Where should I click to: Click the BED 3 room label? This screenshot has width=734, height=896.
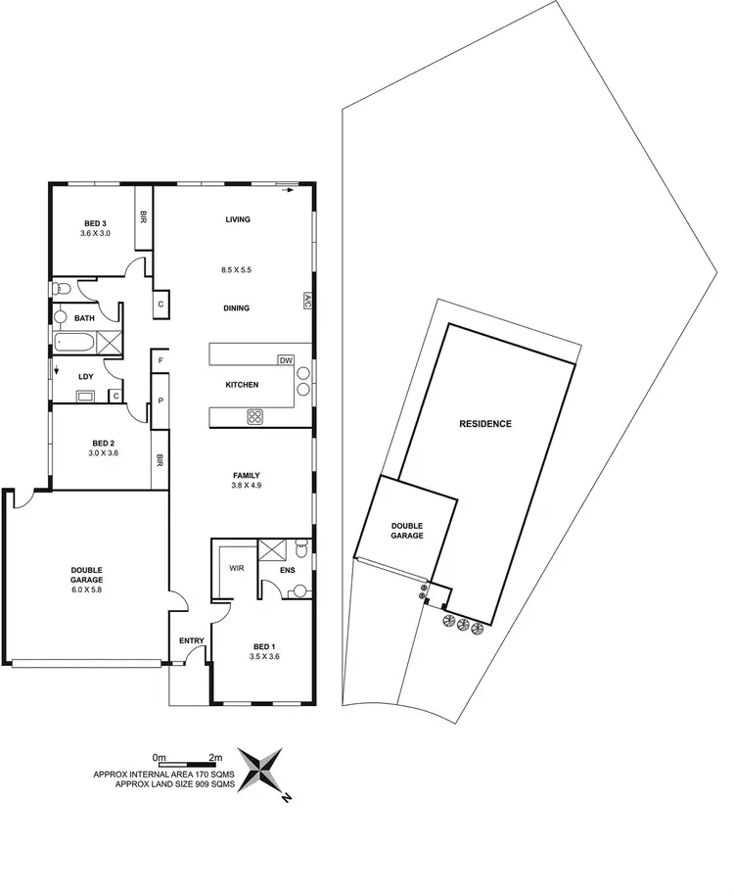pos(95,223)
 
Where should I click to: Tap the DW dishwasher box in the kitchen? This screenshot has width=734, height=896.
pos(286,359)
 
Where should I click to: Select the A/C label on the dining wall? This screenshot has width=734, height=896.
pos(306,301)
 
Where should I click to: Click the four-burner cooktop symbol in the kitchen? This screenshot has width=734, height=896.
pos(255,417)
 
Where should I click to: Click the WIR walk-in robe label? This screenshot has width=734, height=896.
pos(235,567)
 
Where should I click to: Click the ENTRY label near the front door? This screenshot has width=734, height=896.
pos(192,641)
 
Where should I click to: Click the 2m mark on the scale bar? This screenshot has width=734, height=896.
pos(216,757)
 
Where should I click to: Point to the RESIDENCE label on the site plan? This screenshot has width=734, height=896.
pos(486,424)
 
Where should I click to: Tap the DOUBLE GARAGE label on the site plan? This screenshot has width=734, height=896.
pos(407,530)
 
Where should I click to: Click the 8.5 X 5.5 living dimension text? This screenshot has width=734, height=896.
pos(238,268)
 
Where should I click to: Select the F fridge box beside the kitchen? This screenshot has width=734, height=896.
pos(158,360)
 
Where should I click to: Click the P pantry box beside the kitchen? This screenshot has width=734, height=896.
pos(158,401)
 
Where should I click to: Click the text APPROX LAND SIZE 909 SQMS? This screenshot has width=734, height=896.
pos(174,784)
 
